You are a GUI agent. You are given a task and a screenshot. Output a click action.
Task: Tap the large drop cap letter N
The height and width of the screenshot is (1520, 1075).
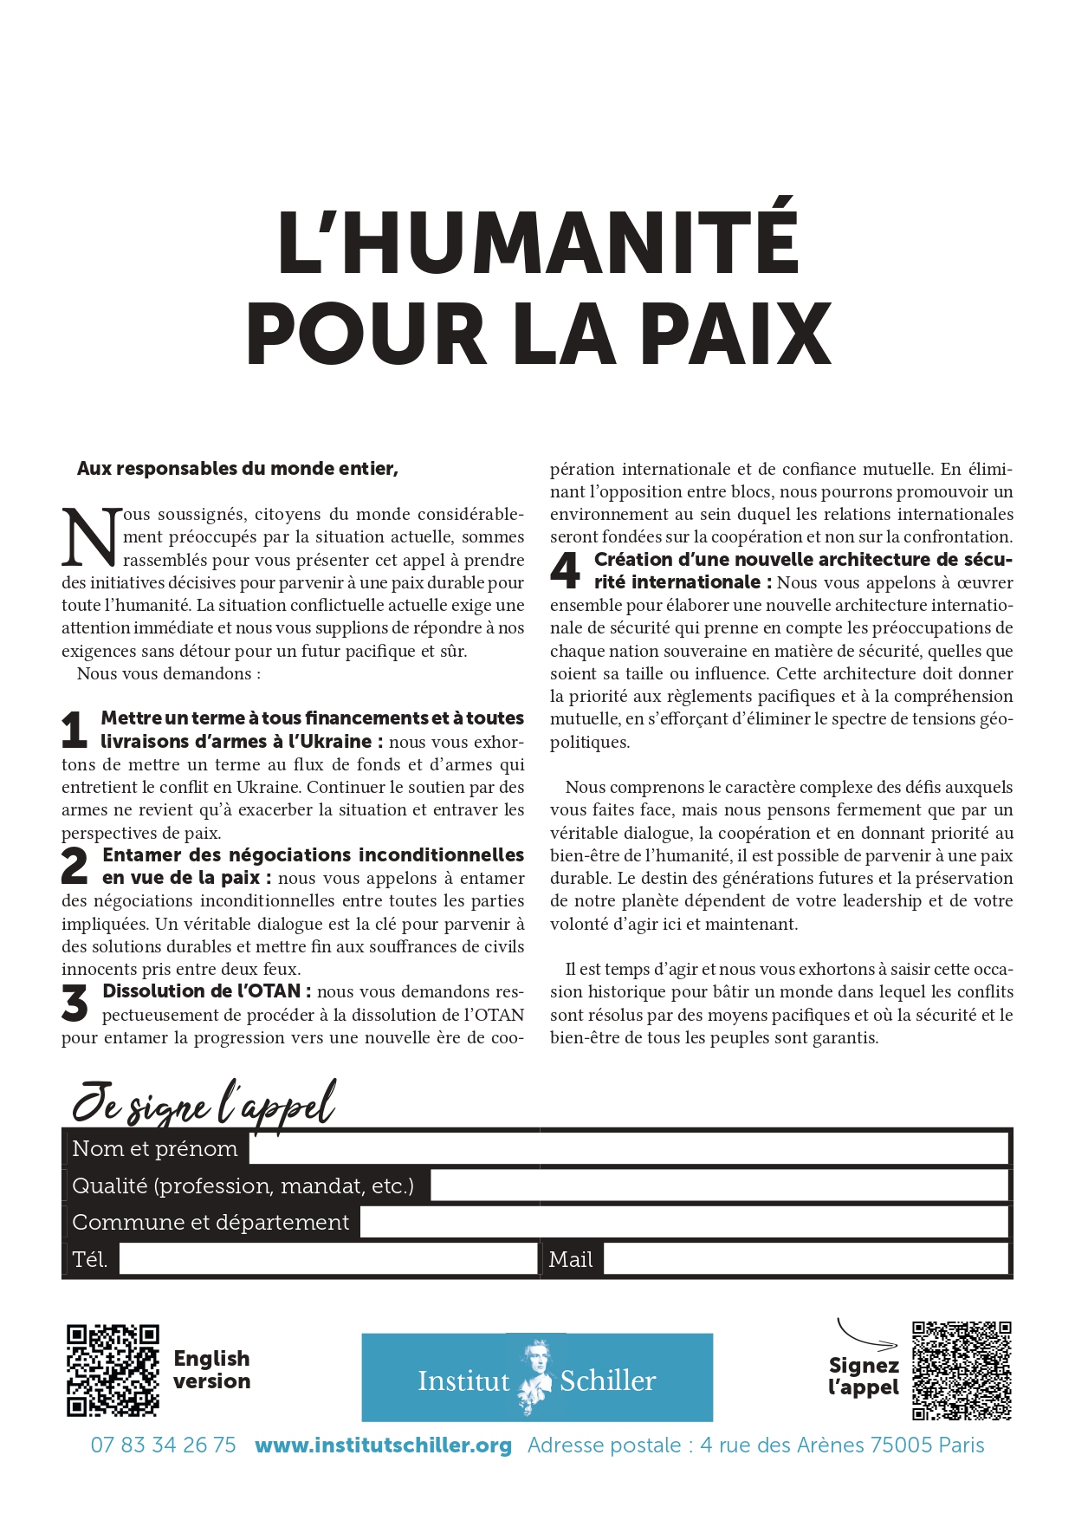point(91,537)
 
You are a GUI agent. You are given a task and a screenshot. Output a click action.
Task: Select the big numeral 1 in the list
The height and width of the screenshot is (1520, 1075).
point(74,730)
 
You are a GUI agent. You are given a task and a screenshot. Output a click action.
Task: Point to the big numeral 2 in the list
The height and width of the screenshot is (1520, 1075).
point(75,867)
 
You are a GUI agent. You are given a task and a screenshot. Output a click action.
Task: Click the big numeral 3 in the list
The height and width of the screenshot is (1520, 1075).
point(75,1004)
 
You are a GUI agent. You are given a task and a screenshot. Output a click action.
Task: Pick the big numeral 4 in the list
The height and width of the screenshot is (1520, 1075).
point(566,571)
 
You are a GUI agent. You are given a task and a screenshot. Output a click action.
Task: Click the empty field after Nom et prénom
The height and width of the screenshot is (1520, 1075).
point(628,1149)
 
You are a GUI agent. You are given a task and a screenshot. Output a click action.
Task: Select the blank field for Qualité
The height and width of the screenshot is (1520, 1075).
point(719,1185)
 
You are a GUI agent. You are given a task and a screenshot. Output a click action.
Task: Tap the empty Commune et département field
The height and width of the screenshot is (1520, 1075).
point(684,1222)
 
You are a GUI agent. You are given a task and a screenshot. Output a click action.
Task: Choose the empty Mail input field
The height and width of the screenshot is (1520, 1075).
point(806,1259)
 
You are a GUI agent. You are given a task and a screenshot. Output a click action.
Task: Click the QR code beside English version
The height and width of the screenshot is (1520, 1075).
point(113,1370)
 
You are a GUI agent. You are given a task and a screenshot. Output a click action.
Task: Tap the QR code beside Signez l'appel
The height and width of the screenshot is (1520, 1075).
point(962,1370)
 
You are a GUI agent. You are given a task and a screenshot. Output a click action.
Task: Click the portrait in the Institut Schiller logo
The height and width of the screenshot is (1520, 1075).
point(534,1377)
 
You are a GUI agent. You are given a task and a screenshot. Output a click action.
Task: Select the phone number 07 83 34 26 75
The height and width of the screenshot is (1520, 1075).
point(163,1445)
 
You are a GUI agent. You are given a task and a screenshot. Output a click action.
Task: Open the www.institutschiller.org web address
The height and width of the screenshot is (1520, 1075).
point(383,1445)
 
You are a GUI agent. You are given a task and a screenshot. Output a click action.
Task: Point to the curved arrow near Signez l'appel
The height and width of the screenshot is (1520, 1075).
point(863,1336)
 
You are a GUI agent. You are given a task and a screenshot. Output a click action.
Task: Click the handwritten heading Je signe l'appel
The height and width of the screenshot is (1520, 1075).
point(204,1103)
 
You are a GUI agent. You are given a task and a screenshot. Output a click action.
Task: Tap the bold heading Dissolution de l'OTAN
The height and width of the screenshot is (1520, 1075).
point(201,991)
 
